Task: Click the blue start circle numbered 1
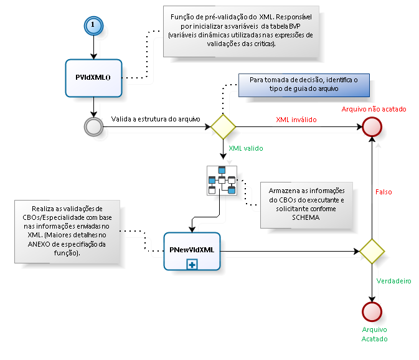(x=93, y=25)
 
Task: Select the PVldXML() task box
(x=93, y=78)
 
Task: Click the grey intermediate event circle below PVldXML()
(x=93, y=126)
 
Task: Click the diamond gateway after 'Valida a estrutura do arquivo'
(x=223, y=126)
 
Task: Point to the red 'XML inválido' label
(x=296, y=119)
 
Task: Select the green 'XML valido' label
(x=246, y=149)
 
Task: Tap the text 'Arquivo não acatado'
(x=374, y=109)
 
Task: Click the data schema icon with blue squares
(x=222, y=180)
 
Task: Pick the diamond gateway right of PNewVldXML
(x=372, y=252)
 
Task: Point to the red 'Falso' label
(x=384, y=193)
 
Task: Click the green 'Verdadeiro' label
(x=394, y=281)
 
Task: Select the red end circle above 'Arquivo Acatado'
(x=372, y=310)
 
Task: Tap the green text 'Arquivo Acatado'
(x=374, y=334)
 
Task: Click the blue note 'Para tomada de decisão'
(x=303, y=85)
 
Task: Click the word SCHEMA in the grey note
(x=306, y=219)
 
